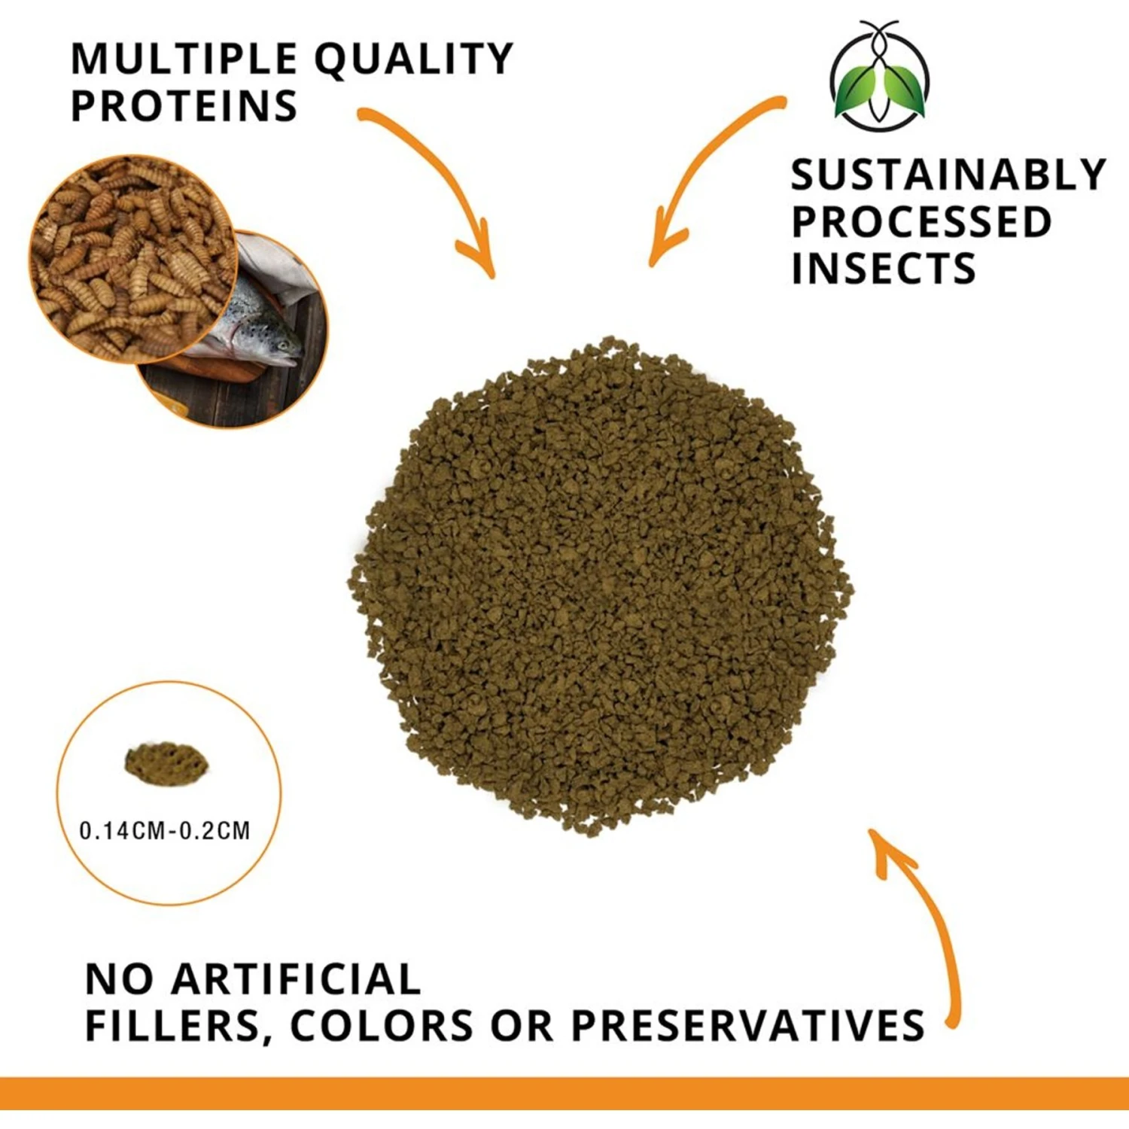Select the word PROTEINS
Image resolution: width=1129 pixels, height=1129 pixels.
tap(184, 106)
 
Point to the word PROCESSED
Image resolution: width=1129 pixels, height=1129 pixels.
tap(921, 222)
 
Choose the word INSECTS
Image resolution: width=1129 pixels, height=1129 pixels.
tap(884, 269)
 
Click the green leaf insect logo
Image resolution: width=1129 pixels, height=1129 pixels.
tap(879, 79)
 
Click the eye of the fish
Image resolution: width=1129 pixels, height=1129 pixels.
tap(282, 345)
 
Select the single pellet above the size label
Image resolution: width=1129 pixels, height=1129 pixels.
tap(166, 762)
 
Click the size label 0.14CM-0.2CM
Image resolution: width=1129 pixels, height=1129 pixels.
tap(165, 831)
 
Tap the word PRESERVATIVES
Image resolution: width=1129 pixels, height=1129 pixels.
tap(747, 1026)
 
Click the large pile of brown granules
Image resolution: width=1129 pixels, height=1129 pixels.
tap(602, 587)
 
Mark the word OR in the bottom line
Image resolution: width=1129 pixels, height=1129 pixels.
tap(522, 1026)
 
